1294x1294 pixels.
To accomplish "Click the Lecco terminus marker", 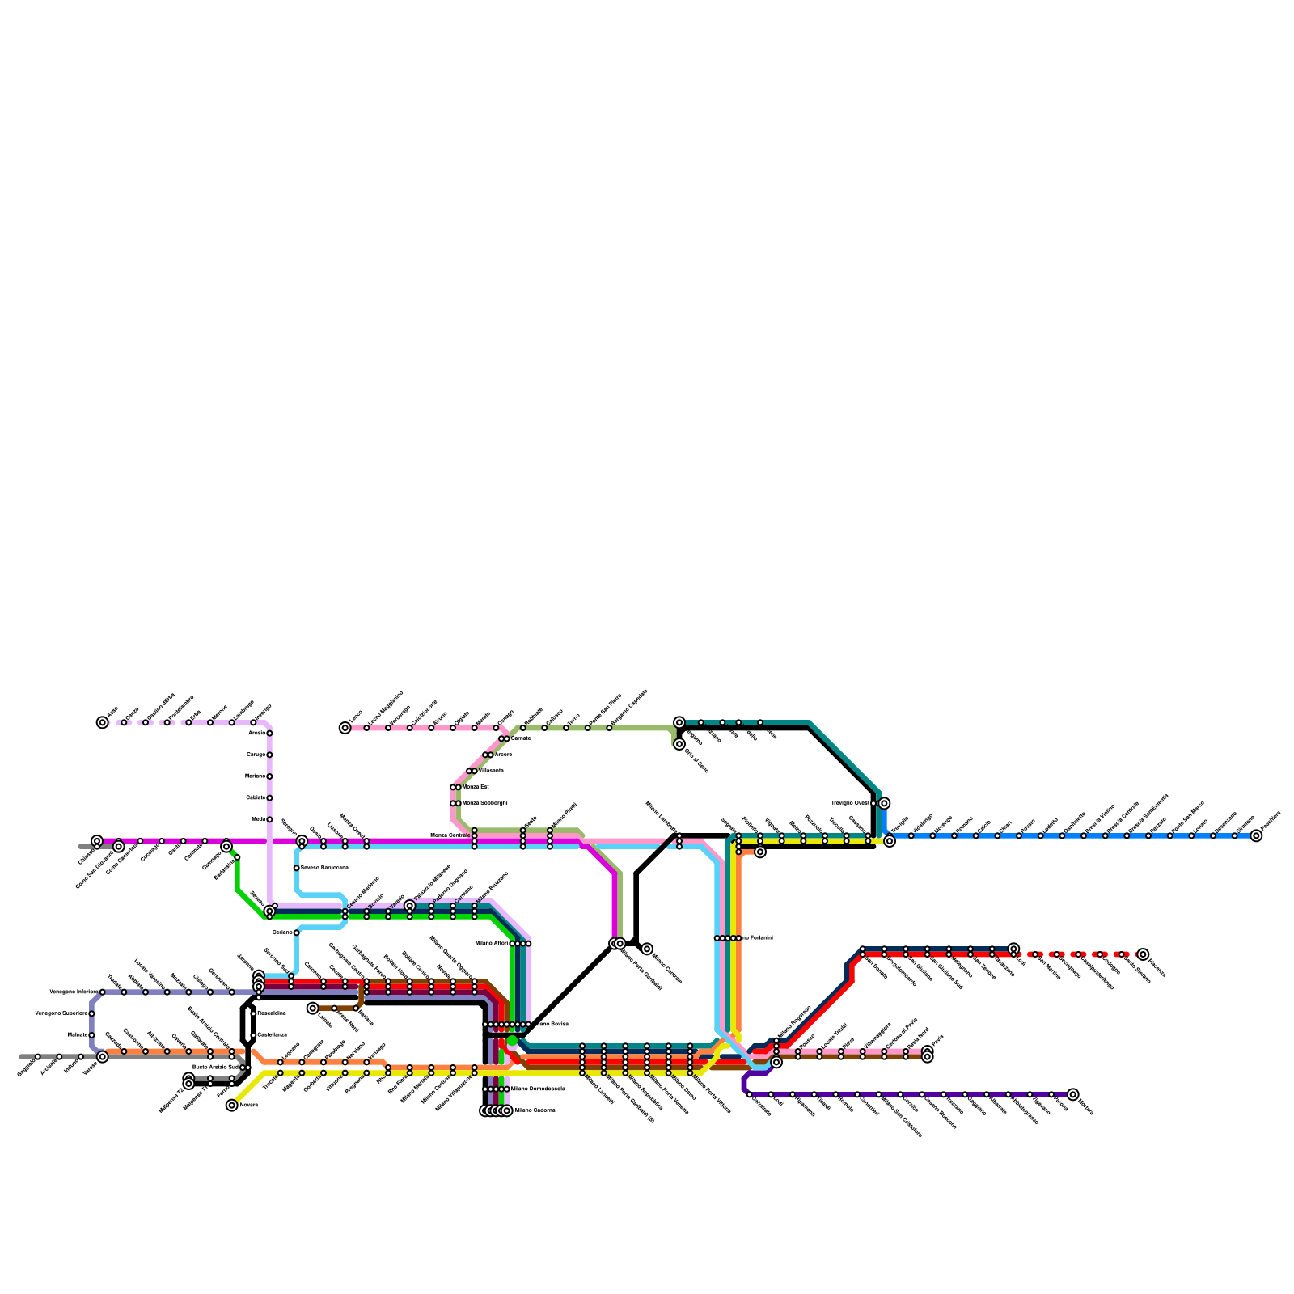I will [345, 728].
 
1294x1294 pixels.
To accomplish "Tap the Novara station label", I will [249, 1105].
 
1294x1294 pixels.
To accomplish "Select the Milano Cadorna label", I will [535, 1110].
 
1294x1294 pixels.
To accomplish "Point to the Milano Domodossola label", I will [538, 1089].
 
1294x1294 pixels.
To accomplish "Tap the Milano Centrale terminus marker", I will [647, 949].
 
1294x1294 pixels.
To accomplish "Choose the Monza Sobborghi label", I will [484, 803].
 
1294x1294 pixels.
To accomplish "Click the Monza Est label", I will [476, 787].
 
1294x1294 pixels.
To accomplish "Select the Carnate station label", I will [521, 738].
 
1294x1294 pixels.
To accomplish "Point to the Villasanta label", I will [491, 771].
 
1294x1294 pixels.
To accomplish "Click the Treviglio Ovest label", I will [850, 803].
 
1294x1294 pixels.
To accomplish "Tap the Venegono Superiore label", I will [61, 1013].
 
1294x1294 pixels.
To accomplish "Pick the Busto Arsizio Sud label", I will [215, 1068].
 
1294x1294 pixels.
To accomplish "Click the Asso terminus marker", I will [102, 722].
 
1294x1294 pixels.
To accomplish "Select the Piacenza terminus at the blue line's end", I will [1255, 835].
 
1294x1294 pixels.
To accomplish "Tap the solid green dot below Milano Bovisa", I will [512, 1041].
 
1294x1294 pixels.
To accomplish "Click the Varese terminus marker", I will [102, 1056].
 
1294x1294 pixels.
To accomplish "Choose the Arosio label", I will [256, 734].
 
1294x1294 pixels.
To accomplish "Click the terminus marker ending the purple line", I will [1072, 1094].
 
